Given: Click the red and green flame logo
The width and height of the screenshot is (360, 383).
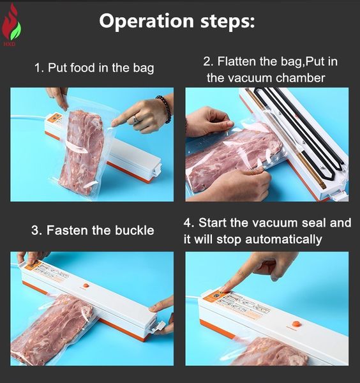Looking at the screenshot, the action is [x=11, y=23].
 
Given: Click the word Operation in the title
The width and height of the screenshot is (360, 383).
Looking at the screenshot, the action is [x=147, y=22].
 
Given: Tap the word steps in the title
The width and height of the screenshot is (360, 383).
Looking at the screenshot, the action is [x=227, y=22].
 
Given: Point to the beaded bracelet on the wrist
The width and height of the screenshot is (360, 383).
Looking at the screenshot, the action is [x=164, y=109].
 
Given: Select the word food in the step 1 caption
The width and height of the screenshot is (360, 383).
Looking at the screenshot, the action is [x=82, y=67].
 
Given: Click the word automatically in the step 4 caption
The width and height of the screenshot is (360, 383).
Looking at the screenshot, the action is [x=283, y=239].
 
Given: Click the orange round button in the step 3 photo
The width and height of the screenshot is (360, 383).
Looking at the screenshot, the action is [x=86, y=285].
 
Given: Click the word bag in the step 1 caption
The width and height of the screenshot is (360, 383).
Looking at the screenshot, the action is [x=144, y=68].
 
